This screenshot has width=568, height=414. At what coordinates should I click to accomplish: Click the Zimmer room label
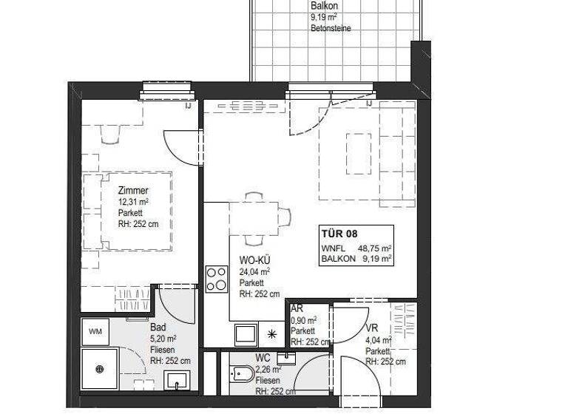click(x=133, y=191)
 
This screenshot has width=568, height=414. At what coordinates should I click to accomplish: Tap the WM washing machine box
click(x=95, y=330)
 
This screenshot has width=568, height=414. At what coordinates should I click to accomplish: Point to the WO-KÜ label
click(x=254, y=259)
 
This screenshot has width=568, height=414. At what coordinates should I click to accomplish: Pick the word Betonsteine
click(x=331, y=28)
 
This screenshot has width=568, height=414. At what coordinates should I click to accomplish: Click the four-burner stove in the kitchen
click(x=216, y=279)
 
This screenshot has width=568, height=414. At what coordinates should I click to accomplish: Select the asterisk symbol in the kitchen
click(x=272, y=334)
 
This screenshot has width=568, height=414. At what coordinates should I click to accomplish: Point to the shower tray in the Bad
click(x=100, y=369)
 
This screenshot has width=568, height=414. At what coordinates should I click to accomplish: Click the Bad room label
click(x=158, y=327)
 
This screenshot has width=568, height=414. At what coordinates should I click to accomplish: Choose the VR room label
click(x=372, y=328)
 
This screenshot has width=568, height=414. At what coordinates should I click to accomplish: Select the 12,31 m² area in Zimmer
click(x=134, y=202)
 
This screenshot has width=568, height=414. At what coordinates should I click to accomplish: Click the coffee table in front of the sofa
click(x=359, y=153)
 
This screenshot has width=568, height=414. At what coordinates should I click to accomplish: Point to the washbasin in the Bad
click(x=176, y=381)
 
